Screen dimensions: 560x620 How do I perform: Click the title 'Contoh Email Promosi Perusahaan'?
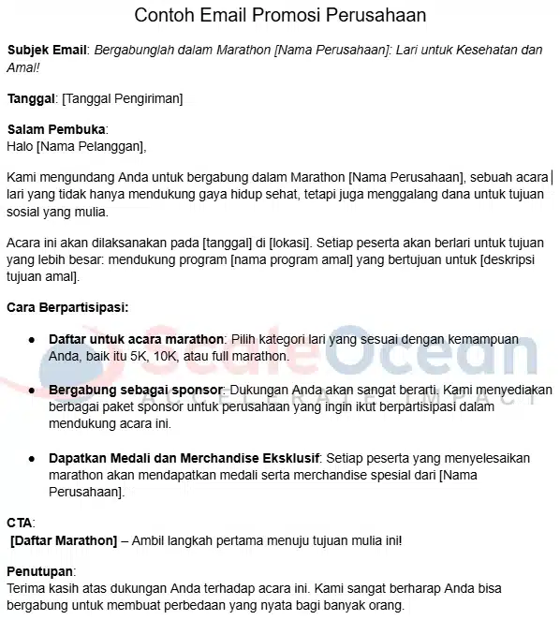(x=280, y=16)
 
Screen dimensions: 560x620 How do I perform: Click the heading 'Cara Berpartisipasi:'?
(x=67, y=306)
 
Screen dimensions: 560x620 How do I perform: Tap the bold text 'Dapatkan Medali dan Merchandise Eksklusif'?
(x=184, y=458)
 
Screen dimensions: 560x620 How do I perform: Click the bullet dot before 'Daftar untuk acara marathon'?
(x=31, y=339)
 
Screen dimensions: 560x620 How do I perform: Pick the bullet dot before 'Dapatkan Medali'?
(x=31, y=458)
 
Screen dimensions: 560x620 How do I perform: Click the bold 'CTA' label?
(x=20, y=522)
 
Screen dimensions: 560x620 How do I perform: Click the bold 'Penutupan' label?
(x=39, y=571)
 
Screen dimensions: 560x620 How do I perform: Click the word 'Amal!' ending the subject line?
(x=26, y=67)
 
